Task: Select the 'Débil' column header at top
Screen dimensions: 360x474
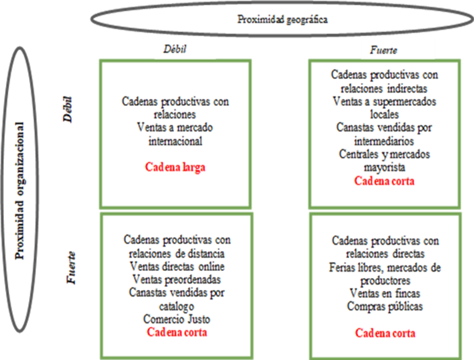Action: pos(175,50)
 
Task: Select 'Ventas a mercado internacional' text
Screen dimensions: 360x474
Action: pos(175,134)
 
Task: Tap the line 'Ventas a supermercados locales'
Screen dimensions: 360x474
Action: pos(384,107)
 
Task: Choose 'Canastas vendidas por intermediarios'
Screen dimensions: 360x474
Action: pos(384,134)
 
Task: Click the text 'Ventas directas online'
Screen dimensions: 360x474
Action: pos(177,266)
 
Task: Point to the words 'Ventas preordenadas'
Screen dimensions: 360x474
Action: pos(177,279)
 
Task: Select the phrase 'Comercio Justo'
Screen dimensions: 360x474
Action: pos(177,319)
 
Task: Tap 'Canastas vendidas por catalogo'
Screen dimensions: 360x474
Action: pos(177,299)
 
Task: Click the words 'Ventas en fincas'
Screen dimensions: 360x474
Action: pos(385,293)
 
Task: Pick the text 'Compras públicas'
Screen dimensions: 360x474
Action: pos(385,307)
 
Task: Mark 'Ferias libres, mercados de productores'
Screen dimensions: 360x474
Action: pos(385,274)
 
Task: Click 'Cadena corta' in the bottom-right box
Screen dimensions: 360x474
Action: pos(385,333)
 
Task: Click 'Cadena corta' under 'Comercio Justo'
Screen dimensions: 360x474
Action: pos(177,332)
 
